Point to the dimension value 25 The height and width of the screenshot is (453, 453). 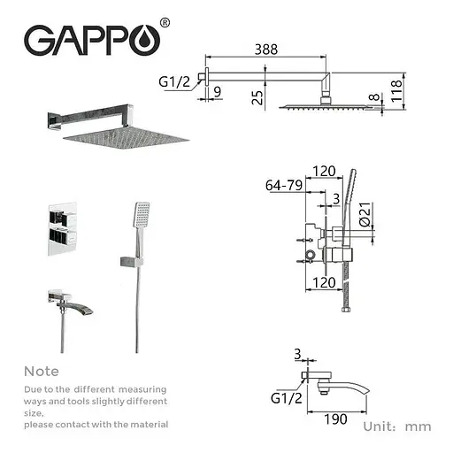click(x=257, y=96)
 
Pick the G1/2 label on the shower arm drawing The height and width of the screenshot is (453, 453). click(x=175, y=82)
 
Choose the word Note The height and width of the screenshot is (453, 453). click(x=42, y=372)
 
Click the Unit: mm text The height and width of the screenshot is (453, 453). click(x=396, y=426)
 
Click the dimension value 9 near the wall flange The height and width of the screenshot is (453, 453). click(x=218, y=88)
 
